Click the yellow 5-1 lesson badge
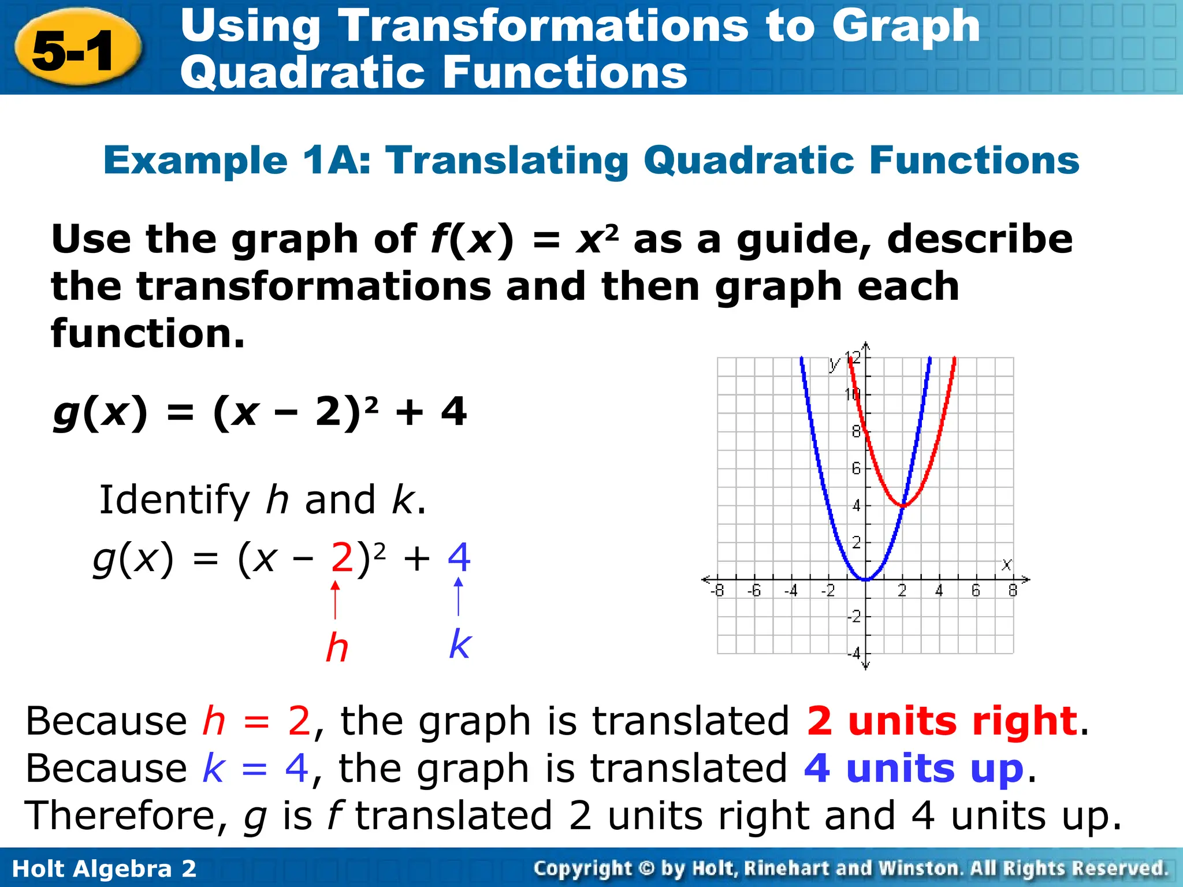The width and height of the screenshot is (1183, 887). (x=77, y=50)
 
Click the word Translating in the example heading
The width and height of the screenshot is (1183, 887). (x=507, y=160)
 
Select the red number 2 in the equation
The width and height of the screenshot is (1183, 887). (x=341, y=558)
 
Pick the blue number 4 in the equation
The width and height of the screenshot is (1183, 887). (x=459, y=557)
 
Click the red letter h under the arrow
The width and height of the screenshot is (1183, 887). (x=337, y=647)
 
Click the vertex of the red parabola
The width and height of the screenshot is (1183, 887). (x=902, y=506)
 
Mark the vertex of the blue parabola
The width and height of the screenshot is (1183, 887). (x=865, y=579)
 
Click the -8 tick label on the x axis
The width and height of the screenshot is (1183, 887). (x=717, y=591)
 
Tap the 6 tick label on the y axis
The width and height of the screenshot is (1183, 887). (x=856, y=468)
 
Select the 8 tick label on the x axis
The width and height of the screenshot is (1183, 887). (x=1013, y=591)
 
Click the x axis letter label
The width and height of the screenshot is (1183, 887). (x=1007, y=564)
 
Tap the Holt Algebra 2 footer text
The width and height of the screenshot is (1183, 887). (x=104, y=869)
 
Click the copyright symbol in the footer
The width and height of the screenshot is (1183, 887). (x=647, y=869)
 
